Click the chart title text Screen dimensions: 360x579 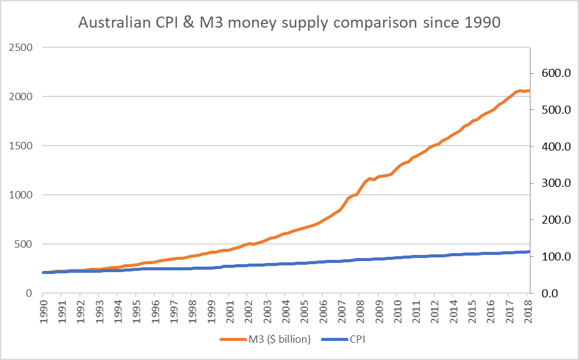tap(289, 23)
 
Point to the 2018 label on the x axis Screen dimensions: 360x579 tap(527, 311)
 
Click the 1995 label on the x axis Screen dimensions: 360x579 tap(137, 311)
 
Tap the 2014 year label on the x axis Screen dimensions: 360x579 tap(454, 311)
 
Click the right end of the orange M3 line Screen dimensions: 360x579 tap(529, 91)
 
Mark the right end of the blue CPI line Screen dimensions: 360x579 tap(529, 251)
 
